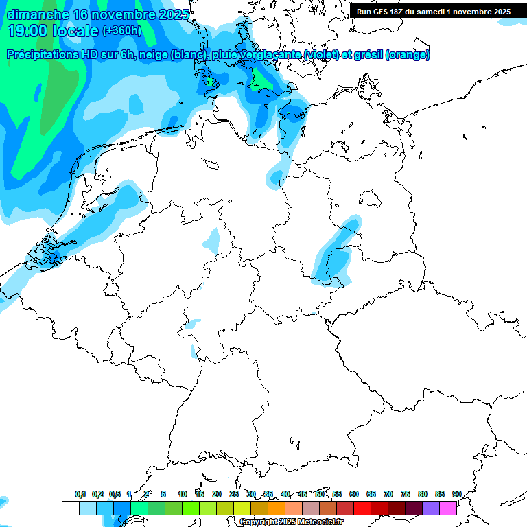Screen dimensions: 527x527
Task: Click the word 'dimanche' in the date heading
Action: tap(36, 14)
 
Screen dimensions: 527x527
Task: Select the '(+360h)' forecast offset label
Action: tap(122, 31)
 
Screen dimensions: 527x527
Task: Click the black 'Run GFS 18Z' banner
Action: tap(433, 12)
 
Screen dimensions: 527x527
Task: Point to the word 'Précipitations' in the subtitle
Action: tap(42, 55)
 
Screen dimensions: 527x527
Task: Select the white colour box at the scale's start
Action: tap(70, 508)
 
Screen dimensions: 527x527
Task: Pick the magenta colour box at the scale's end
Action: tap(448, 508)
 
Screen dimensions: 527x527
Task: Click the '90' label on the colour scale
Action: tap(456, 494)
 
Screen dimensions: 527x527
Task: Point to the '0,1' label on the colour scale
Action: tap(80, 494)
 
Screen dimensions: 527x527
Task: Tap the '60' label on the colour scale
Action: tap(354, 494)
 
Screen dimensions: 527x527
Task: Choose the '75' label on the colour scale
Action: tap(406, 494)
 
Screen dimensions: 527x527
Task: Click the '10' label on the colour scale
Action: tap(183, 494)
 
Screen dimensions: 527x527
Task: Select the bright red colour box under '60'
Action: tap(362, 508)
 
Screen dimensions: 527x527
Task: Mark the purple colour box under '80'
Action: tap(431, 508)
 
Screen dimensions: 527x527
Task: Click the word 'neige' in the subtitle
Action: tap(155, 55)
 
